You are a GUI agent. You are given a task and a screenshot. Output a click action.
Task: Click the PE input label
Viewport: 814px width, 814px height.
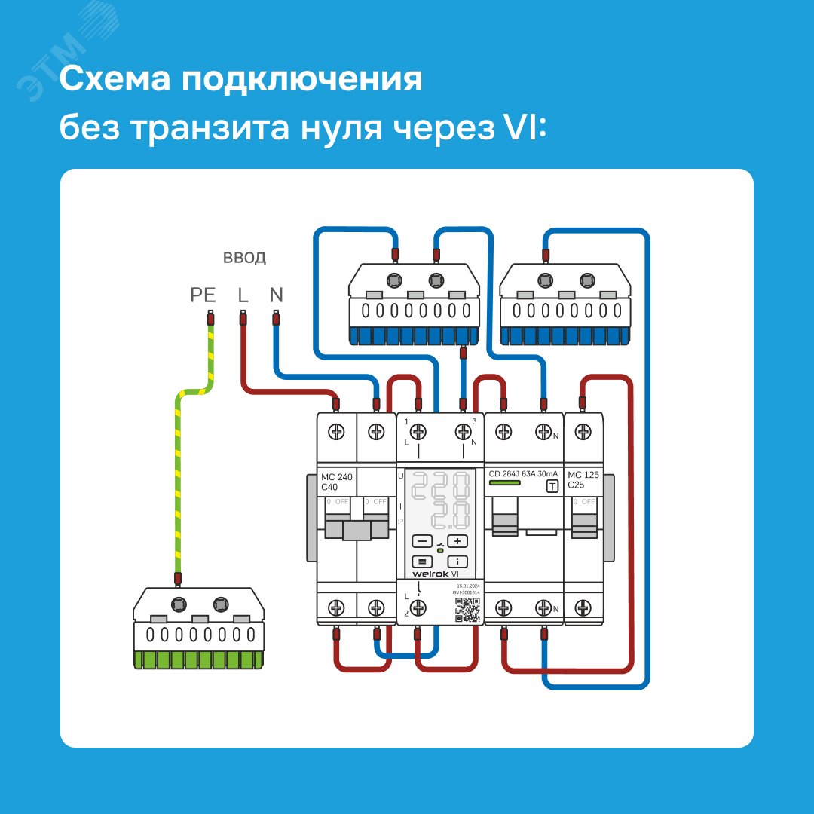[x=203, y=295]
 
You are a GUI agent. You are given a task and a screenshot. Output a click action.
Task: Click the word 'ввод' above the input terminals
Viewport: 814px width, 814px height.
[x=243, y=258]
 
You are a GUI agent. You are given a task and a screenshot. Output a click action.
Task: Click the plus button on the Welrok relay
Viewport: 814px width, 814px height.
[x=457, y=541]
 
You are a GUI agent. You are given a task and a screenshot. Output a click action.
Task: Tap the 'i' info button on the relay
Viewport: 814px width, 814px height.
[x=457, y=562]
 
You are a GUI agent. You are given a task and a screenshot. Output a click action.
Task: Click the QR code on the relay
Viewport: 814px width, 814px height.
[x=468, y=609]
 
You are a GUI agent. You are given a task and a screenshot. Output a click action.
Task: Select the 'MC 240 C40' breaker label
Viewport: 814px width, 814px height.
[x=336, y=482]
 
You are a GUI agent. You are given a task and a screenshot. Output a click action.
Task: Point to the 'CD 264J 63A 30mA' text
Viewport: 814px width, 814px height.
[x=523, y=473]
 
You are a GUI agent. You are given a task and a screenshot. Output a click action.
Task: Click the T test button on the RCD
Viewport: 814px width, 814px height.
[x=552, y=486]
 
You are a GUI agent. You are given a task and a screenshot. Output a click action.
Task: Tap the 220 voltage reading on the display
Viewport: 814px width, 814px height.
[x=441, y=488]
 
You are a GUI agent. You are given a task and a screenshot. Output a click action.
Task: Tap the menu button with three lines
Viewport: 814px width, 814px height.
[x=422, y=562]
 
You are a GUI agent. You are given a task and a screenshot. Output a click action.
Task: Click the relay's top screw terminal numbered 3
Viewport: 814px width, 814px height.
[x=462, y=432]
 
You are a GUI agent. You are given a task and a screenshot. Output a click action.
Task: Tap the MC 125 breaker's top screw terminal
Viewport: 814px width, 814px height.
[x=583, y=432]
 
